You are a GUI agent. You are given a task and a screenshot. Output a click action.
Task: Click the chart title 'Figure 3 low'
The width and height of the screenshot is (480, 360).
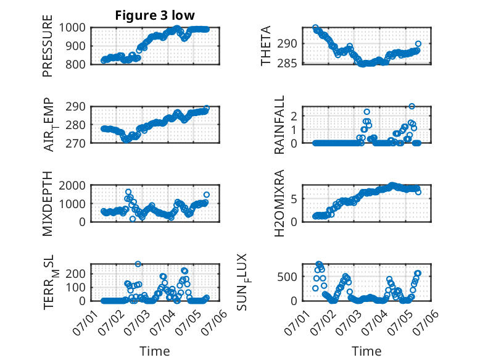[x=155, y=15]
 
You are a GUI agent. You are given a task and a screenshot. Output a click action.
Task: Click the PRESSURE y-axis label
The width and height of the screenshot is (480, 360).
[x=48, y=46]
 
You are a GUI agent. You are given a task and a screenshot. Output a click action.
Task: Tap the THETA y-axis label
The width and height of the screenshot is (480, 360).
[x=266, y=46]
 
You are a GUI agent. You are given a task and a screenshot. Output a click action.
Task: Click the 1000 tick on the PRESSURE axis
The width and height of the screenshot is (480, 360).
[x=75, y=28]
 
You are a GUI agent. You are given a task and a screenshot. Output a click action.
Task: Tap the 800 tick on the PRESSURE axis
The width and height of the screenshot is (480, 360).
[x=78, y=64]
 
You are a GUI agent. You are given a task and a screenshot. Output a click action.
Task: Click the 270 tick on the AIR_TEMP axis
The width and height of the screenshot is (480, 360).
[x=78, y=143]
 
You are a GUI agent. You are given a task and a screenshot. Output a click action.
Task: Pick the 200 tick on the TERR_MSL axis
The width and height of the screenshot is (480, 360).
[x=78, y=272]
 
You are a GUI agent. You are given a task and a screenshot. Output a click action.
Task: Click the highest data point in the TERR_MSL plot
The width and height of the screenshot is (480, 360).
[x=138, y=264]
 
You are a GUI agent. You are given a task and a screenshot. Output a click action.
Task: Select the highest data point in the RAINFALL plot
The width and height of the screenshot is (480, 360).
[x=412, y=106]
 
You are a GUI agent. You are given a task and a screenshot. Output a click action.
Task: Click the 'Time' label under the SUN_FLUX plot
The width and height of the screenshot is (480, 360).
[x=366, y=351]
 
